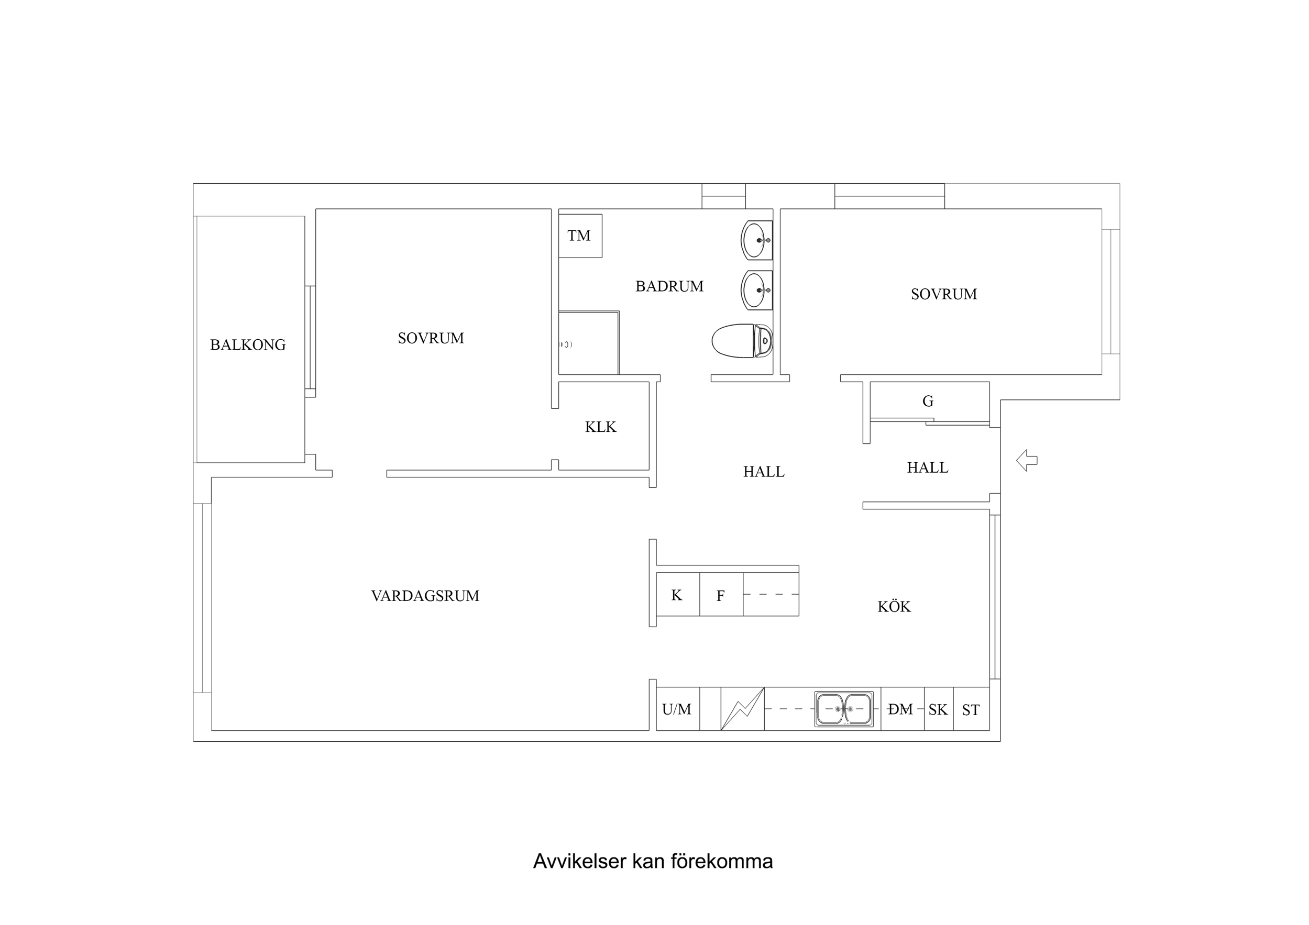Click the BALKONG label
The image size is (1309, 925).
[x=247, y=345]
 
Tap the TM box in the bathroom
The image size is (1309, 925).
[x=580, y=236]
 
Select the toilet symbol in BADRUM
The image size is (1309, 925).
[x=742, y=341]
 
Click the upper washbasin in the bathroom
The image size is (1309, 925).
[x=756, y=240]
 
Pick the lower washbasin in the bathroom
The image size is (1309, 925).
[x=756, y=290]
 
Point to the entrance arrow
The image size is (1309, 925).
[x=1026, y=460]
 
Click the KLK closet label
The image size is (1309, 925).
[x=600, y=427]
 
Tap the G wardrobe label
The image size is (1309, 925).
[x=928, y=401]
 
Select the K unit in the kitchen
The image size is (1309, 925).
[x=677, y=595]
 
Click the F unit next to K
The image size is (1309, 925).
[x=721, y=596]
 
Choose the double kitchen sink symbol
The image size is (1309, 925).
[x=844, y=709]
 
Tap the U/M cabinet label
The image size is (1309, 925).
[x=677, y=709]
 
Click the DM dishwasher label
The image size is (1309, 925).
[x=900, y=709]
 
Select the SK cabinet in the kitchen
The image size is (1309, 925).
[x=938, y=709]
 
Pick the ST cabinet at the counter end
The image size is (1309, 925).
[x=971, y=709]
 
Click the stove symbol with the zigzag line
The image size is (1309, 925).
[x=742, y=709]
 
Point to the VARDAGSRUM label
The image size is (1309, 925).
[x=425, y=596]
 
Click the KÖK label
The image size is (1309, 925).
[x=894, y=606]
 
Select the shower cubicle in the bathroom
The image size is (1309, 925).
[x=588, y=343]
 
